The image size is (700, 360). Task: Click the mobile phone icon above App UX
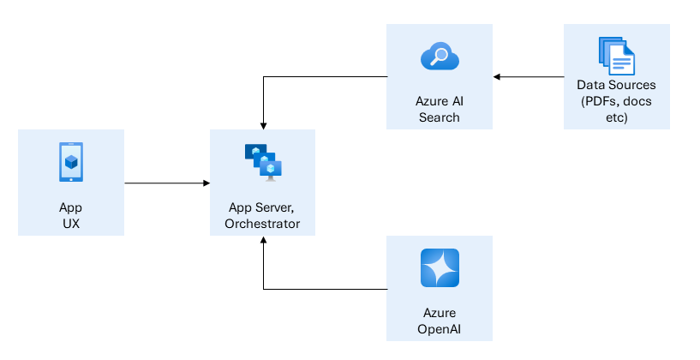(x=71, y=162)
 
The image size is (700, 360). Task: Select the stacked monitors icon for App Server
(x=263, y=162)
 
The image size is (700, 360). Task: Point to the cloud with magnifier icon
(x=440, y=57)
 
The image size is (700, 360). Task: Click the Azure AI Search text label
(x=440, y=109)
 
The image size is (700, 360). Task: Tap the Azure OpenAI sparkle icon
(x=440, y=268)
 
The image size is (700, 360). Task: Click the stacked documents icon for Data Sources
(x=616, y=56)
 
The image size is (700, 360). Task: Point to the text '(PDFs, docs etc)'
(x=616, y=110)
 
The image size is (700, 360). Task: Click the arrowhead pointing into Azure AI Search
(x=497, y=77)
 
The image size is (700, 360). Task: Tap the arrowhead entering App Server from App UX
(x=206, y=183)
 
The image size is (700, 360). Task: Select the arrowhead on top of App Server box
(x=263, y=125)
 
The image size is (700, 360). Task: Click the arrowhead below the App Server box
(x=263, y=242)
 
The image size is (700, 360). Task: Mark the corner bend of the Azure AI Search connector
(x=263, y=77)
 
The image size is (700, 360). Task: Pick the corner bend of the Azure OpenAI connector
(x=263, y=289)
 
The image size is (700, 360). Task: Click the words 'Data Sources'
(x=616, y=86)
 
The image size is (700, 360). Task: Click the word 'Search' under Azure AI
(x=440, y=117)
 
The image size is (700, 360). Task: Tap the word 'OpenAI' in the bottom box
(x=440, y=328)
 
